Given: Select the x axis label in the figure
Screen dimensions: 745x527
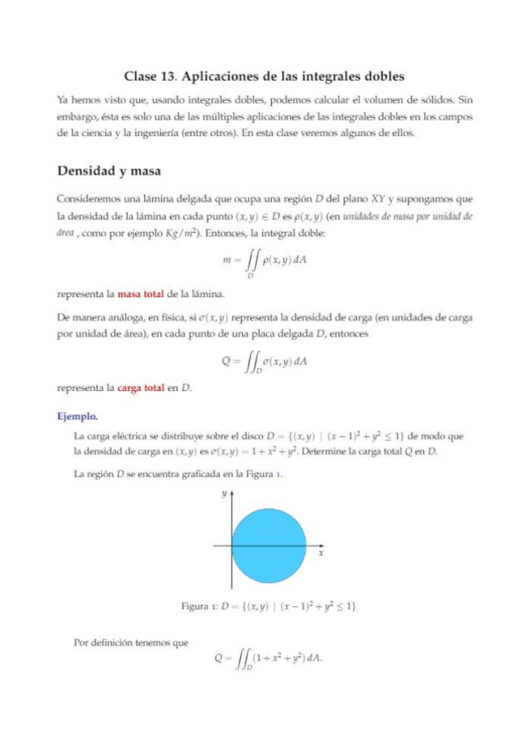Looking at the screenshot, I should point(320,554).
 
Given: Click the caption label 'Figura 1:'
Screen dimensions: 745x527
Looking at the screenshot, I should point(200,606).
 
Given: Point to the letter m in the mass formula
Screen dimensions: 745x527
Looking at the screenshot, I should point(230,261).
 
